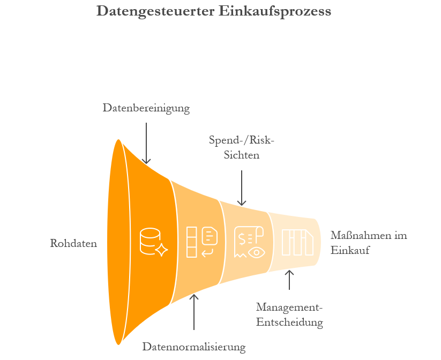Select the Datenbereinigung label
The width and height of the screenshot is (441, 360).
146,108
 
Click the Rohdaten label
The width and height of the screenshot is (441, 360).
73,244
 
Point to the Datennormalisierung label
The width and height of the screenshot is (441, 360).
193,347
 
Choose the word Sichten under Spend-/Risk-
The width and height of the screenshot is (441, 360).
241,155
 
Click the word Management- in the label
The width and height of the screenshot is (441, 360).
290,307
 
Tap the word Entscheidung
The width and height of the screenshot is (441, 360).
290,322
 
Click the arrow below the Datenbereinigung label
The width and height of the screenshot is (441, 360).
146,142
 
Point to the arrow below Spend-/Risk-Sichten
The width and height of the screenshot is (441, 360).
242,187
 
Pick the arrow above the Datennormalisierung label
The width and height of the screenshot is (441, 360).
194,311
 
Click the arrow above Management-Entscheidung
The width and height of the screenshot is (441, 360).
289,280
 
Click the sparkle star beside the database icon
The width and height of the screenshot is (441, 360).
161,250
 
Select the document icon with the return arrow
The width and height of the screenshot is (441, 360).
209,241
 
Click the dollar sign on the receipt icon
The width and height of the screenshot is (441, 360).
243,238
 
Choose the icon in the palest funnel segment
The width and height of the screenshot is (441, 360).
297,243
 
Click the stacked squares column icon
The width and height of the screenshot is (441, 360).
191,242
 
